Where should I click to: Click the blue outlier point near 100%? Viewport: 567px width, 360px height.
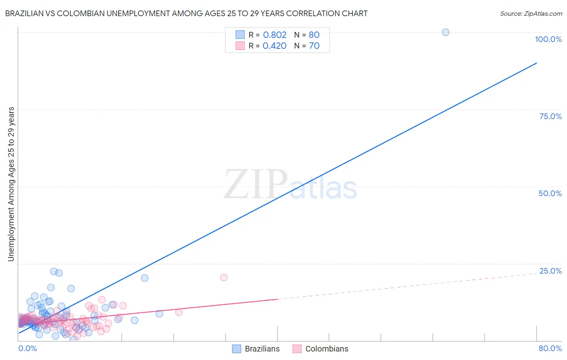click(x=446, y=32)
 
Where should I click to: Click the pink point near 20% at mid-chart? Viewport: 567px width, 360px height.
click(x=224, y=277)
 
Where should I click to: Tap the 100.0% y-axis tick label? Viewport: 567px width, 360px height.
click(x=548, y=39)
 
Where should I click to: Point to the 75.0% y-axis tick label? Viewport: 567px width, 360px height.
click(x=550, y=116)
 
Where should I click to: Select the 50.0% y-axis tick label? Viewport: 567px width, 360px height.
click(x=550, y=193)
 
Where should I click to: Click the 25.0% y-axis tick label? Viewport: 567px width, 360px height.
click(x=550, y=271)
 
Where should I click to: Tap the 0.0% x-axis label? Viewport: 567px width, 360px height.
click(x=27, y=348)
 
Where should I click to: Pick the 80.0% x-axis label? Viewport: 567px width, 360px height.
click(x=550, y=348)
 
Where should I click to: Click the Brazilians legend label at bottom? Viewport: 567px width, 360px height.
click(x=262, y=349)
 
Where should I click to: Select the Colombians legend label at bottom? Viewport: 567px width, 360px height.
click(x=327, y=349)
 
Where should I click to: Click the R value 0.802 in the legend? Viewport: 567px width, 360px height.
click(x=275, y=35)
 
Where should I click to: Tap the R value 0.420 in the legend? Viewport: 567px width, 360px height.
click(x=274, y=46)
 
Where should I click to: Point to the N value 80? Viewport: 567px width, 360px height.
click(x=314, y=35)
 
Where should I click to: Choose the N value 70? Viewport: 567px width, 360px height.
click(x=314, y=46)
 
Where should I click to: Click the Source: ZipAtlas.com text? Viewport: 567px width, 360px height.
click(x=531, y=13)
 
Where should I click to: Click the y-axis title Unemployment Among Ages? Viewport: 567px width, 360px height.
click(x=11, y=184)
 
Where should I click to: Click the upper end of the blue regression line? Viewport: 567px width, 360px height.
click(x=536, y=63)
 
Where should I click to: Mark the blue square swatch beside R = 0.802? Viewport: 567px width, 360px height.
click(x=240, y=35)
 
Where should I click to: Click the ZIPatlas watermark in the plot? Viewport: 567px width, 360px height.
click(x=290, y=185)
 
